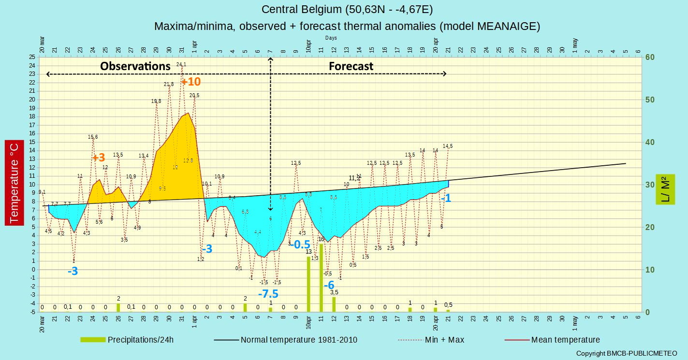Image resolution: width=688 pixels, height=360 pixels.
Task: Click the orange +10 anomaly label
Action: click(x=191, y=82)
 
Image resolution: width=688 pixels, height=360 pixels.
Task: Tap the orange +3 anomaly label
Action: click(x=99, y=158)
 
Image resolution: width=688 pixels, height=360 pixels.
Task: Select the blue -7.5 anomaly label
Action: click(x=268, y=294)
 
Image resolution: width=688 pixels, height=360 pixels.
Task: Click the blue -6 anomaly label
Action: click(x=329, y=285)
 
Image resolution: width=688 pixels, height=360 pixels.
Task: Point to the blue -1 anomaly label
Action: click(x=446, y=198)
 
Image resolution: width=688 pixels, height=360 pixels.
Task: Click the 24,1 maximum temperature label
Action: click(x=181, y=64)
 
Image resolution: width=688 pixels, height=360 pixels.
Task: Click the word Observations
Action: click(x=135, y=66)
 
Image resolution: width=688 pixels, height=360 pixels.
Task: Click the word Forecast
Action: click(x=351, y=66)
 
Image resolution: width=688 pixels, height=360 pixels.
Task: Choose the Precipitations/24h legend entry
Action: click(x=127, y=340)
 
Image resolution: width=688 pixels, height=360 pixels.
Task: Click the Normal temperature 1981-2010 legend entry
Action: click(x=286, y=340)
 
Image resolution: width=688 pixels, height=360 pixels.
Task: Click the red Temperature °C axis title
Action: click(x=14, y=183)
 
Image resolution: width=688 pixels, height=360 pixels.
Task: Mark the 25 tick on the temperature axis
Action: click(x=32, y=57)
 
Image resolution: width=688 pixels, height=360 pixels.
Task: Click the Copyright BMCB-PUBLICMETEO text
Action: click(x=627, y=354)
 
